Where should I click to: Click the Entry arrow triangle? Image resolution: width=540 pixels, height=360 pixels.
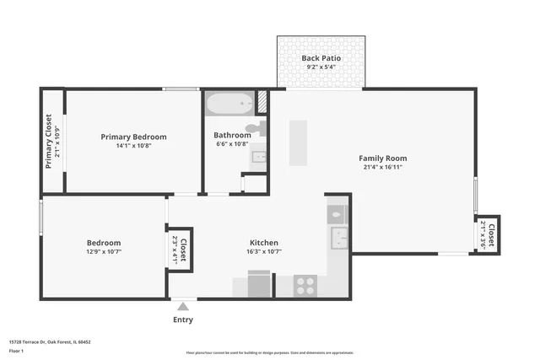tap(182, 307)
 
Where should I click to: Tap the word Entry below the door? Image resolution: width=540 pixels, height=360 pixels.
tap(182, 320)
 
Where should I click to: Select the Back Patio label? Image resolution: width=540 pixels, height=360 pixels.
tap(321, 58)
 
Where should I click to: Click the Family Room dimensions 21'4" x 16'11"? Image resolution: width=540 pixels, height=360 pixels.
tap(382, 168)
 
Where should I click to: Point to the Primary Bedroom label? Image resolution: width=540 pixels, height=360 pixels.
tap(133, 137)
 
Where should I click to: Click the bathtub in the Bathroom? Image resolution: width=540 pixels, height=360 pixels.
tap(229, 105)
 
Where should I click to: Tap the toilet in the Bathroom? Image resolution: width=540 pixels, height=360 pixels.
tap(262, 128)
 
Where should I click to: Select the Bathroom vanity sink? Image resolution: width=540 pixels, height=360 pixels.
tap(258, 156)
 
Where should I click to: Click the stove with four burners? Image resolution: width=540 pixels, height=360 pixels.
tap(305, 286)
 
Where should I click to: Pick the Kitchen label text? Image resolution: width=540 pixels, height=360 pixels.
tap(264, 241)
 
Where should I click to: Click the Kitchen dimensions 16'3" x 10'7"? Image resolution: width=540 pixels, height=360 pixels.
tap(264, 250)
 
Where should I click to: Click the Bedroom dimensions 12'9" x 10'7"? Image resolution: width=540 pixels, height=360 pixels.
tap(104, 251)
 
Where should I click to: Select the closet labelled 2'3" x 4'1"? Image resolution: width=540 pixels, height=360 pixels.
tap(179, 250)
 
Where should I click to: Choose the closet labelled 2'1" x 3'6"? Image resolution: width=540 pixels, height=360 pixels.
tap(486, 235)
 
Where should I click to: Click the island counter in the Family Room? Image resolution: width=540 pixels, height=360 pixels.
tap(298, 142)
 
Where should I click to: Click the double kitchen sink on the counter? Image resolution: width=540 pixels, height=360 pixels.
tap(337, 227)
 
